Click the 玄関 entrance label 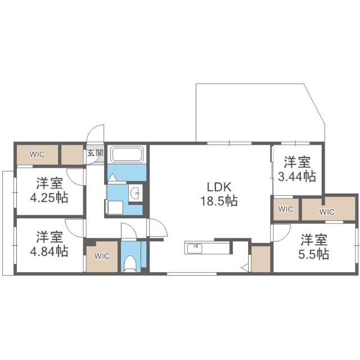point(95,153)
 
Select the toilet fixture point(130,264)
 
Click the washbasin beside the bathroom point(135,193)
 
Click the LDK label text point(219,187)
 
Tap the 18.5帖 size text point(219,201)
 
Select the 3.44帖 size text point(297,176)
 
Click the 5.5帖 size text point(314,254)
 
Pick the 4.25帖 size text point(49,197)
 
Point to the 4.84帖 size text point(49,251)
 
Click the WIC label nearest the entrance point(37,154)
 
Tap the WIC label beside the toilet point(102,256)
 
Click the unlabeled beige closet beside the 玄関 point(72,155)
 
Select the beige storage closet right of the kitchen point(261,259)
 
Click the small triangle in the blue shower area point(112,178)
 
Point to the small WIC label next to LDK point(286,209)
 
